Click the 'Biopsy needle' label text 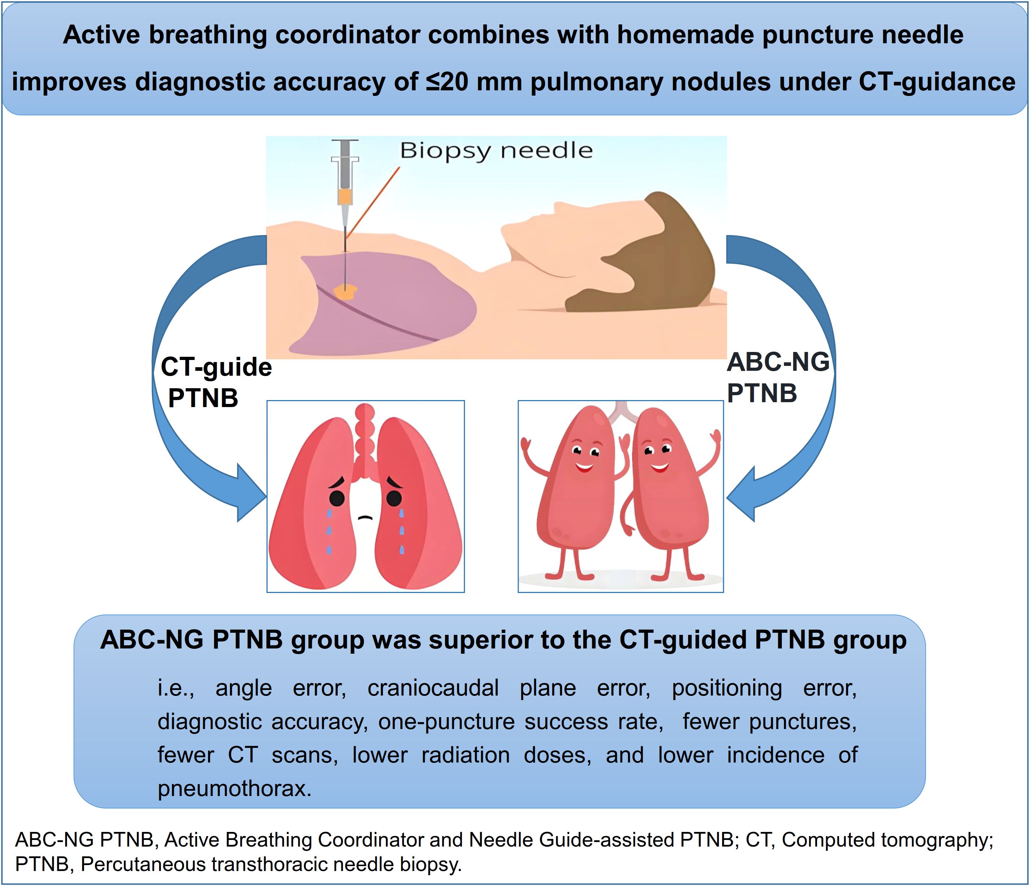[x=496, y=150]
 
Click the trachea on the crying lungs [x=365, y=437]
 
